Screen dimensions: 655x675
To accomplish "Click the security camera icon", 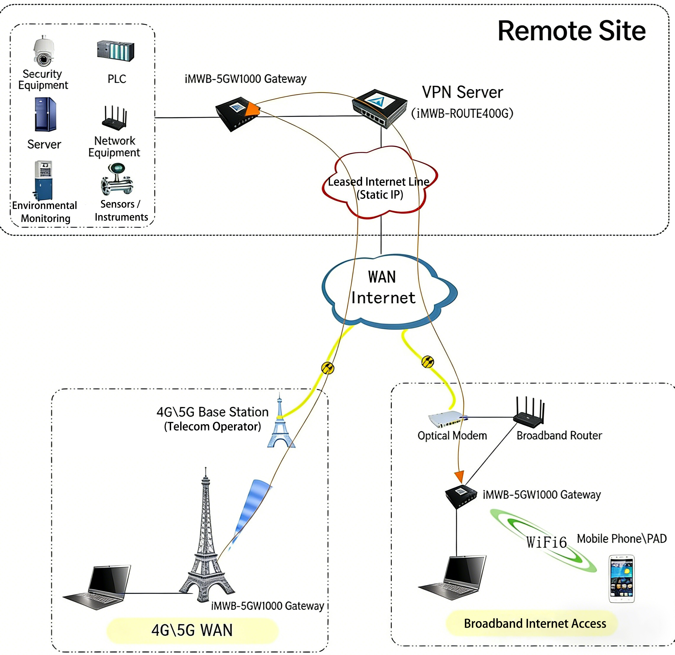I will [x=44, y=51].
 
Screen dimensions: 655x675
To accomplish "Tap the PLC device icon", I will [x=116, y=51].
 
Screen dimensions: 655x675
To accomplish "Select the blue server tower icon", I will [x=45, y=114].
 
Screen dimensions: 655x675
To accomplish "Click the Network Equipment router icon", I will [x=115, y=118].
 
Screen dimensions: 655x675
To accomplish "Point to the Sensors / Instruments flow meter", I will [x=117, y=179].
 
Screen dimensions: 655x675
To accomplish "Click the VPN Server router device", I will [x=379, y=108].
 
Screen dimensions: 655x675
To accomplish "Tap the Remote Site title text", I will [x=571, y=31].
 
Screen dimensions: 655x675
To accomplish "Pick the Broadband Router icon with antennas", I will [x=529, y=412].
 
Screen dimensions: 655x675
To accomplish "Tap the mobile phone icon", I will [x=621, y=579].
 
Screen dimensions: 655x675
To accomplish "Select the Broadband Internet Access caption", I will [x=534, y=623].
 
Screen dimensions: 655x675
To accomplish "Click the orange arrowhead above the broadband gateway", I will [x=459, y=477].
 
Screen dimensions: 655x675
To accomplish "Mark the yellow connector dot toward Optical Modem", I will [x=428, y=362].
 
